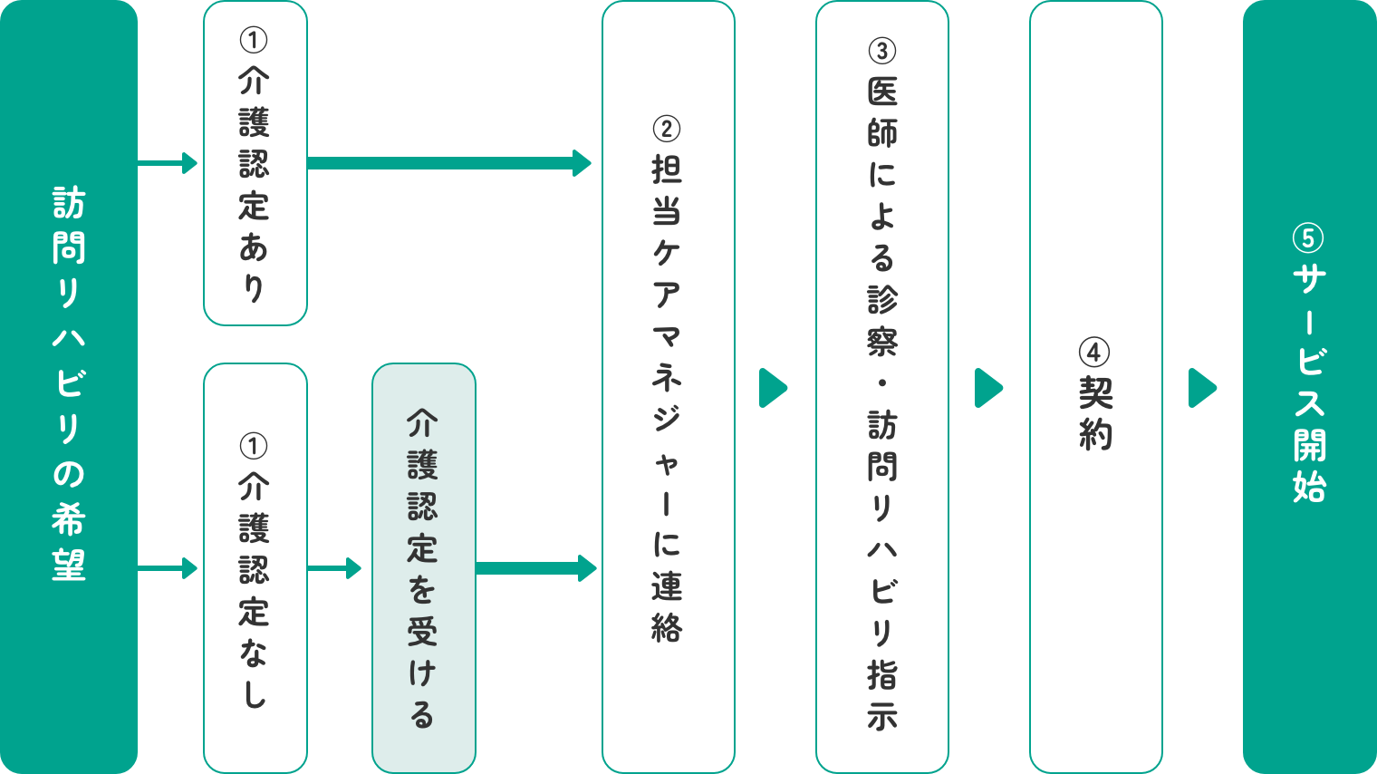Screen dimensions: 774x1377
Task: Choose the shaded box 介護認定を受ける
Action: pyautogui.click(x=423, y=568)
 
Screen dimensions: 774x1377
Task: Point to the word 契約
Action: pyautogui.click(x=1095, y=415)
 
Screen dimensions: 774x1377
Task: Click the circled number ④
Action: pyautogui.click(x=1094, y=353)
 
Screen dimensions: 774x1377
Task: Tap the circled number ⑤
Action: pyautogui.click(x=1308, y=238)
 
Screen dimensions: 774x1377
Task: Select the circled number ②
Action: pyautogui.click(x=667, y=129)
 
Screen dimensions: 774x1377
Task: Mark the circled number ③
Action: pyautogui.click(x=881, y=51)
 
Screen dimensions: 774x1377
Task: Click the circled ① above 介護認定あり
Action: pyautogui.click(x=254, y=40)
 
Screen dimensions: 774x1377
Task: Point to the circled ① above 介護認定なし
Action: pyautogui.click(x=254, y=446)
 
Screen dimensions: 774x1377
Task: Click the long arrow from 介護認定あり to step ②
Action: pyautogui.click(x=449, y=163)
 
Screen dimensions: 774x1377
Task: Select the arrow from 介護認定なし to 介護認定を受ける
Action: pyautogui.click(x=334, y=568)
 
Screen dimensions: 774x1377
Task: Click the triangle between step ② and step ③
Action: pyautogui.click(x=773, y=388)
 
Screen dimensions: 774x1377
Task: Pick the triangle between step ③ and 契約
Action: pyautogui.click(x=988, y=388)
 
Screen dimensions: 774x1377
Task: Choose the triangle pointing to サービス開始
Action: pyautogui.click(x=1202, y=388)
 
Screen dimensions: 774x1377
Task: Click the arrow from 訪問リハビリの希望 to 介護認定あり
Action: pyautogui.click(x=169, y=163)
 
